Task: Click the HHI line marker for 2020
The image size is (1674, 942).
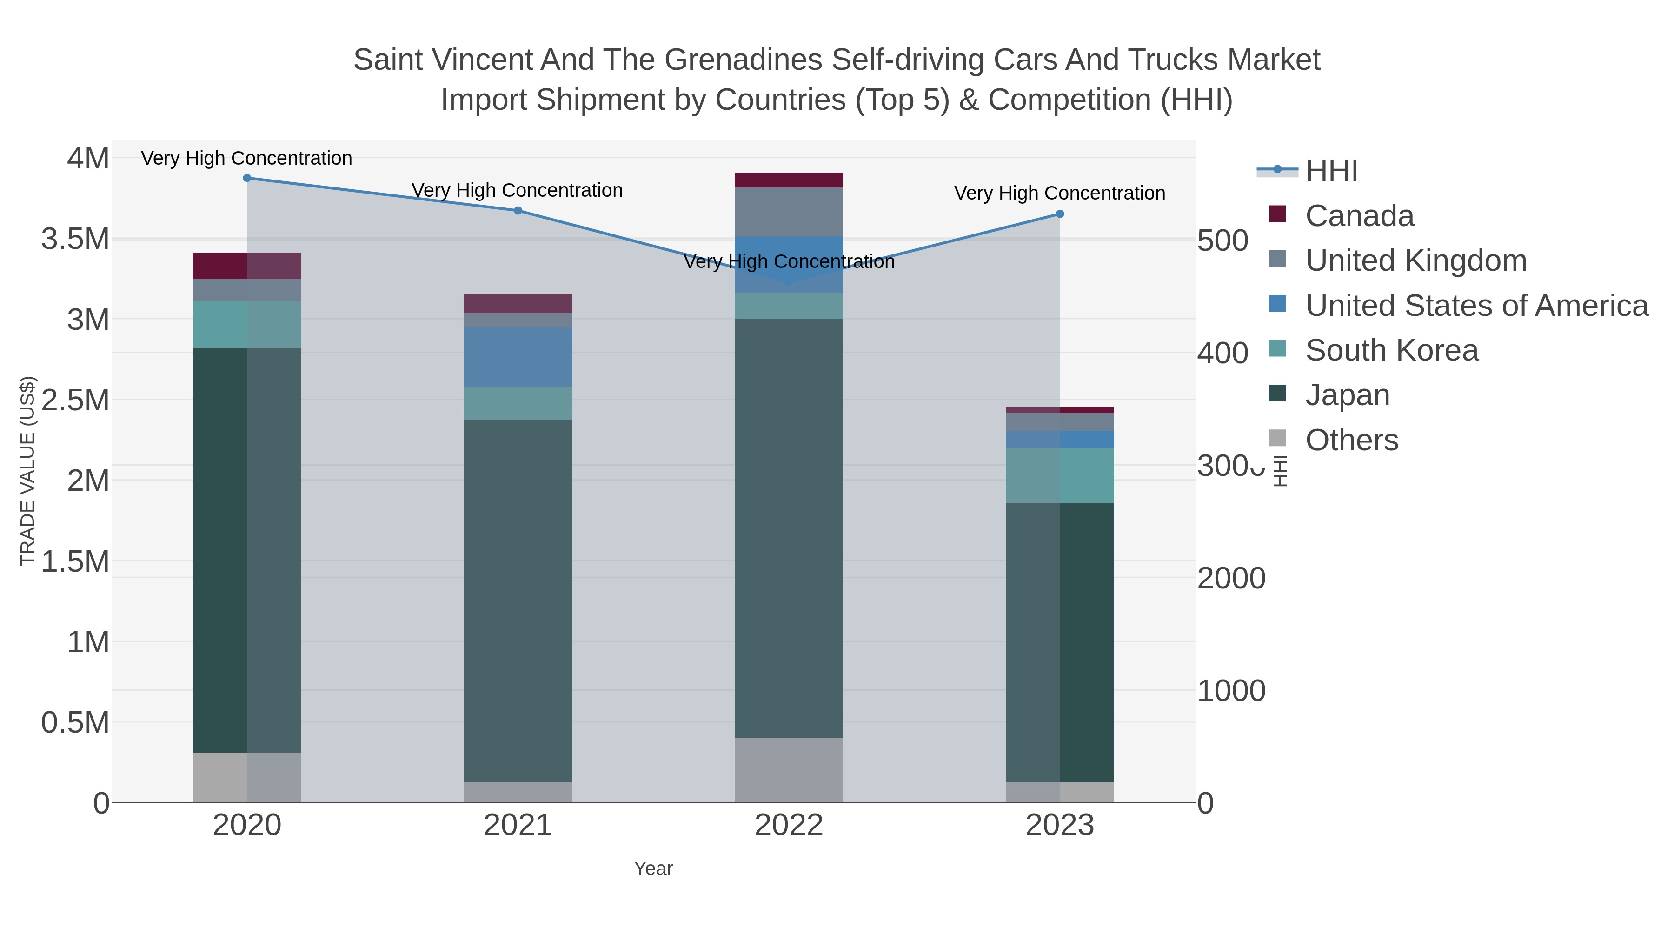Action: (247, 178)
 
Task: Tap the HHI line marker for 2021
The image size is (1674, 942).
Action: (518, 211)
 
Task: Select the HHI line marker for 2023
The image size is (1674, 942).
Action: (1060, 214)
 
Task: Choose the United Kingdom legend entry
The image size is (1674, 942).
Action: (1415, 261)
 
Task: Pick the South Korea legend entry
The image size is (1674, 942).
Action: (1391, 350)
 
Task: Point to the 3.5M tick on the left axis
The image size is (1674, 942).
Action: (75, 239)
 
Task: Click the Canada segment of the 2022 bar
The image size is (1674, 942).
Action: (789, 180)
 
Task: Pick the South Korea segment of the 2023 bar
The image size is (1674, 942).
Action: (1060, 475)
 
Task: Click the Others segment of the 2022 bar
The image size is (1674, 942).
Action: (789, 770)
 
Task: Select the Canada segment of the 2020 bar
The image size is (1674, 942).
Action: (247, 266)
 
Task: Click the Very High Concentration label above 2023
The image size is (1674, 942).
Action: (1059, 193)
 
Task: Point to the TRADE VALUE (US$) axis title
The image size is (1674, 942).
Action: (28, 471)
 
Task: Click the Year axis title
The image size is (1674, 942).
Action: (653, 869)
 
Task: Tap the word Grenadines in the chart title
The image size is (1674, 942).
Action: (744, 60)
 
